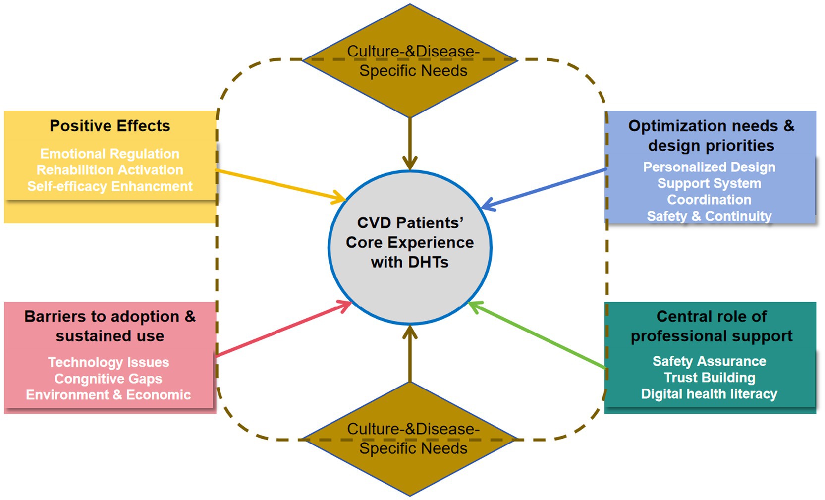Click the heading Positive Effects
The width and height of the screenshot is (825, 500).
110,126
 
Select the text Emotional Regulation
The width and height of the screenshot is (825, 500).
110,154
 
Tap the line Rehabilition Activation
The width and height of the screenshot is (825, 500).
110,170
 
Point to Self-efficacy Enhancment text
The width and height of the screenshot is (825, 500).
110,186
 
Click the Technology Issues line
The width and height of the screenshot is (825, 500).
109,362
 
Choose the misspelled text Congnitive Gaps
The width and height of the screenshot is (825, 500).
109,379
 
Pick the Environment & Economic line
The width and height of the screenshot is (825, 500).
109,395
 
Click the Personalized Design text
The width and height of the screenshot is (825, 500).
709,167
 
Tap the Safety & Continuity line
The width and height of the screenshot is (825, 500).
709,216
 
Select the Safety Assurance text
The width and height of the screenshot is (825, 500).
709,361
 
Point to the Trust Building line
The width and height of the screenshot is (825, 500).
709,378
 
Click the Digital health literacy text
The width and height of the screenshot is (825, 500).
709,394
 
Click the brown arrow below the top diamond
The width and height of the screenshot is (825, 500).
410,144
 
